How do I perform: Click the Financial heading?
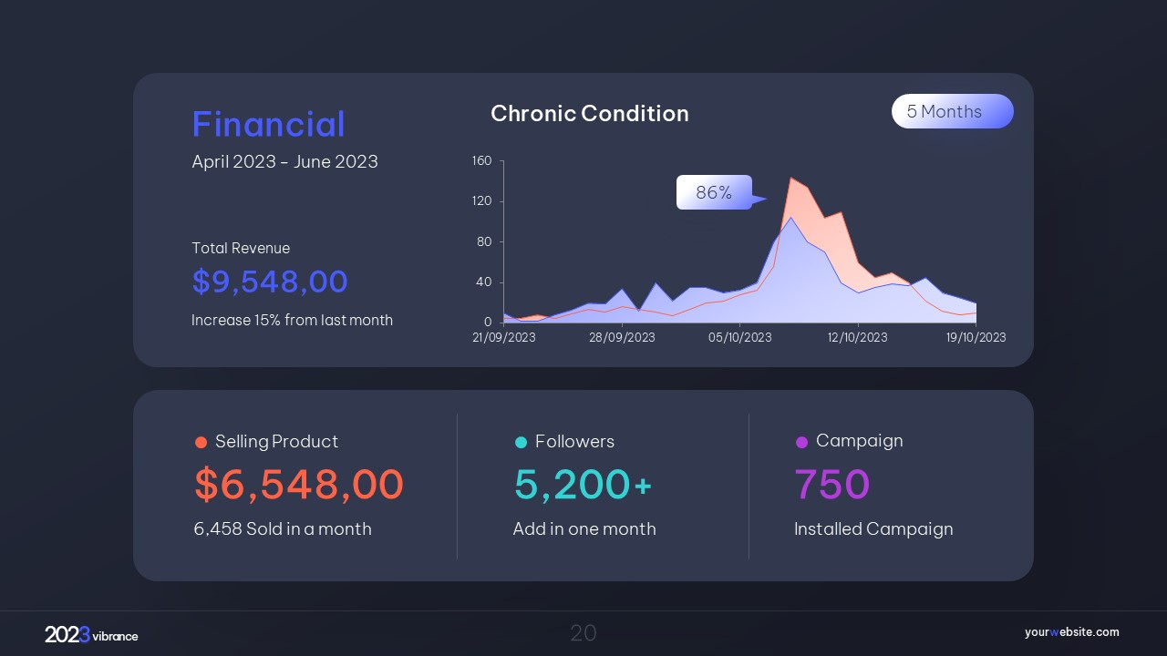(268, 125)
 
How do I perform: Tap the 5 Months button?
(952, 111)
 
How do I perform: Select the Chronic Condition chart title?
(589, 114)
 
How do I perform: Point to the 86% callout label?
(714, 192)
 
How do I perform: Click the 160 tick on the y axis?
(481, 161)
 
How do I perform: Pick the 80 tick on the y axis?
(484, 241)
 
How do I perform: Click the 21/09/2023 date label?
(504, 337)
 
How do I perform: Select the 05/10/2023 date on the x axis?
(739, 337)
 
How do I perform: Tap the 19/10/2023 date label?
(976, 337)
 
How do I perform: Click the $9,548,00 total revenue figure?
(270, 282)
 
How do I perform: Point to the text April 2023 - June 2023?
(284, 162)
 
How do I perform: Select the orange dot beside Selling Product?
(201, 443)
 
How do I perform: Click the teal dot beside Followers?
(522, 443)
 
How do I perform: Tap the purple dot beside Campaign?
(801, 442)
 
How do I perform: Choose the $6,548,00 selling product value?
(299, 484)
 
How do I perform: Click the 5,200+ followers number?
(583, 484)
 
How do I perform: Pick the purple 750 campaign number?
(831, 484)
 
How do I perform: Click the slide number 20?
(583, 633)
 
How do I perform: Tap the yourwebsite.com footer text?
(1071, 632)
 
